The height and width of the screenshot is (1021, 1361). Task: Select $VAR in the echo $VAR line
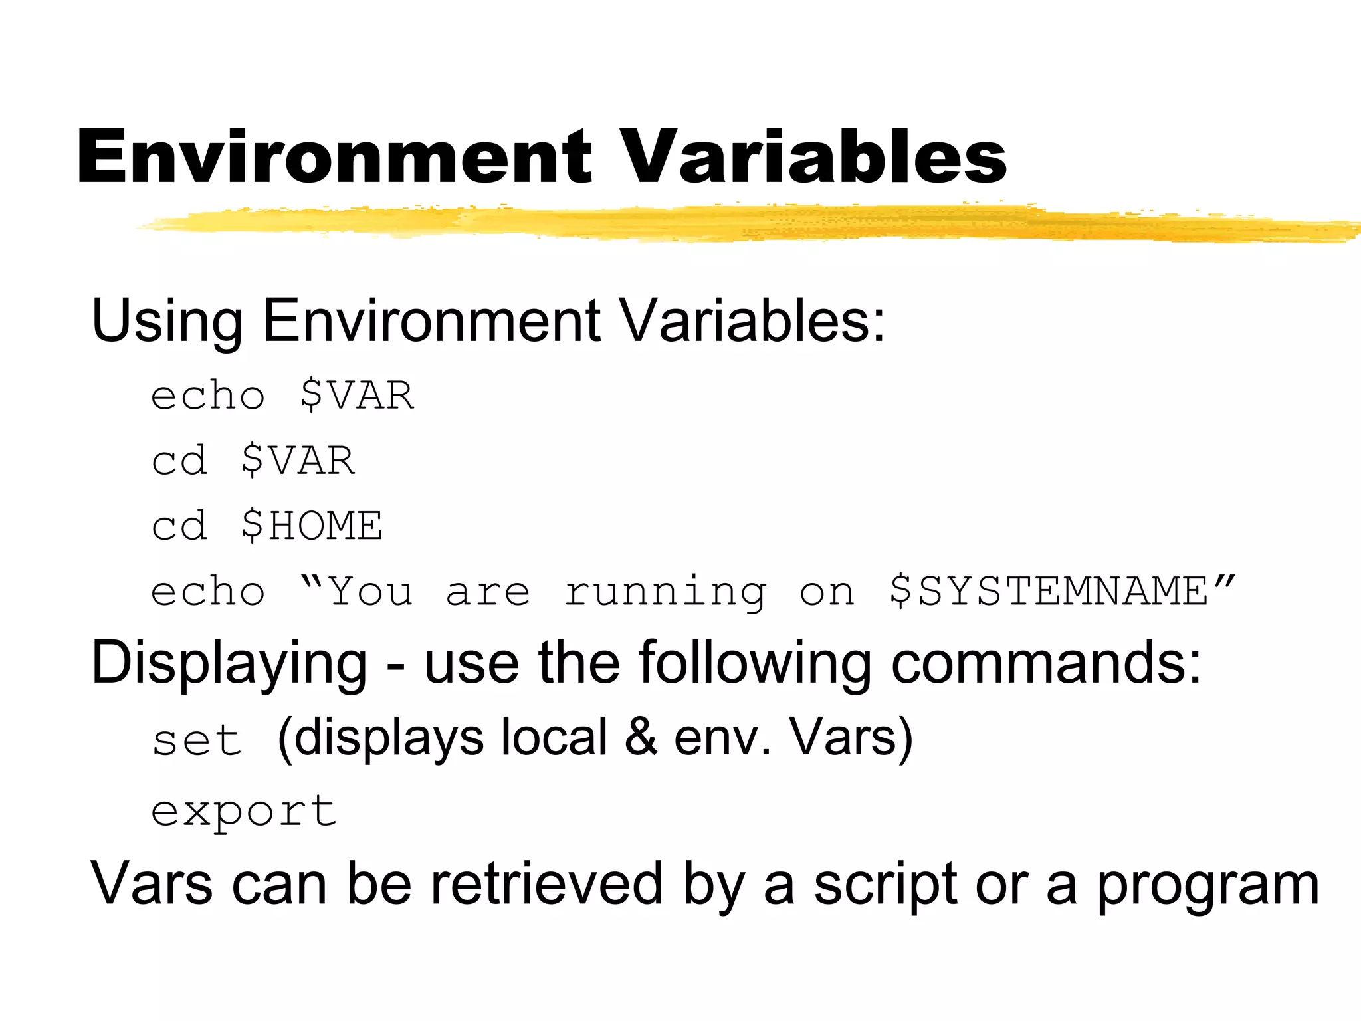point(357,396)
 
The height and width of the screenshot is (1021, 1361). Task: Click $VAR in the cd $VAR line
point(298,461)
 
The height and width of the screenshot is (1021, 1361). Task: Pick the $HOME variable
point(312,526)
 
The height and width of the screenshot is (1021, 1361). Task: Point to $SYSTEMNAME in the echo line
point(1048,591)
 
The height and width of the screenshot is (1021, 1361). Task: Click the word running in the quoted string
point(665,592)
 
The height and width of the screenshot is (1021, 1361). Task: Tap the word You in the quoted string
point(370,591)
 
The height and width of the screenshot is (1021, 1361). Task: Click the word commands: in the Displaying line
point(1046,663)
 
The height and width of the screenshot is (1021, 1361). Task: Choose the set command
point(197,740)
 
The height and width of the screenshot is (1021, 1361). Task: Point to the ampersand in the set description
point(641,738)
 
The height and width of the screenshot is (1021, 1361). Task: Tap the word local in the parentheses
point(554,738)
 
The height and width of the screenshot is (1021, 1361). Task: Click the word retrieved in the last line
point(546,885)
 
